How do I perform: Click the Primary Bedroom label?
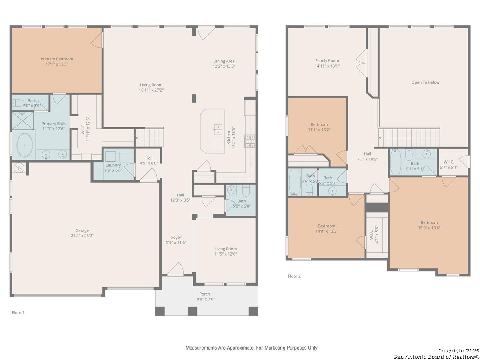57,59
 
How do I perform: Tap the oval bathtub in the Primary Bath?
25,145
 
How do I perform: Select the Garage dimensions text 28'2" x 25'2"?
82,236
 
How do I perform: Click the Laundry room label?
113,165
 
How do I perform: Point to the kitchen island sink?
218,130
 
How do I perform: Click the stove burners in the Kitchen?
250,142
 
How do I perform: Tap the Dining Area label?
224,61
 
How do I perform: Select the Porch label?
205,294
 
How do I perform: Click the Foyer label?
176,237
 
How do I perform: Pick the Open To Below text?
425,82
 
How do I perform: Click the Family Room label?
327,61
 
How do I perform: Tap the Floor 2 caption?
294,276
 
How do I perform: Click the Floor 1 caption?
18,312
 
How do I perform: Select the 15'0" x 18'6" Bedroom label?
429,222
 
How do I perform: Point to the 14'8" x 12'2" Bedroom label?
327,226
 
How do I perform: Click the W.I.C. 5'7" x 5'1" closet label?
449,162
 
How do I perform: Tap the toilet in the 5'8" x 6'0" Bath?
246,190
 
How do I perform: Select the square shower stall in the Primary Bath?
23,121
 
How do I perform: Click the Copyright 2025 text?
458,351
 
